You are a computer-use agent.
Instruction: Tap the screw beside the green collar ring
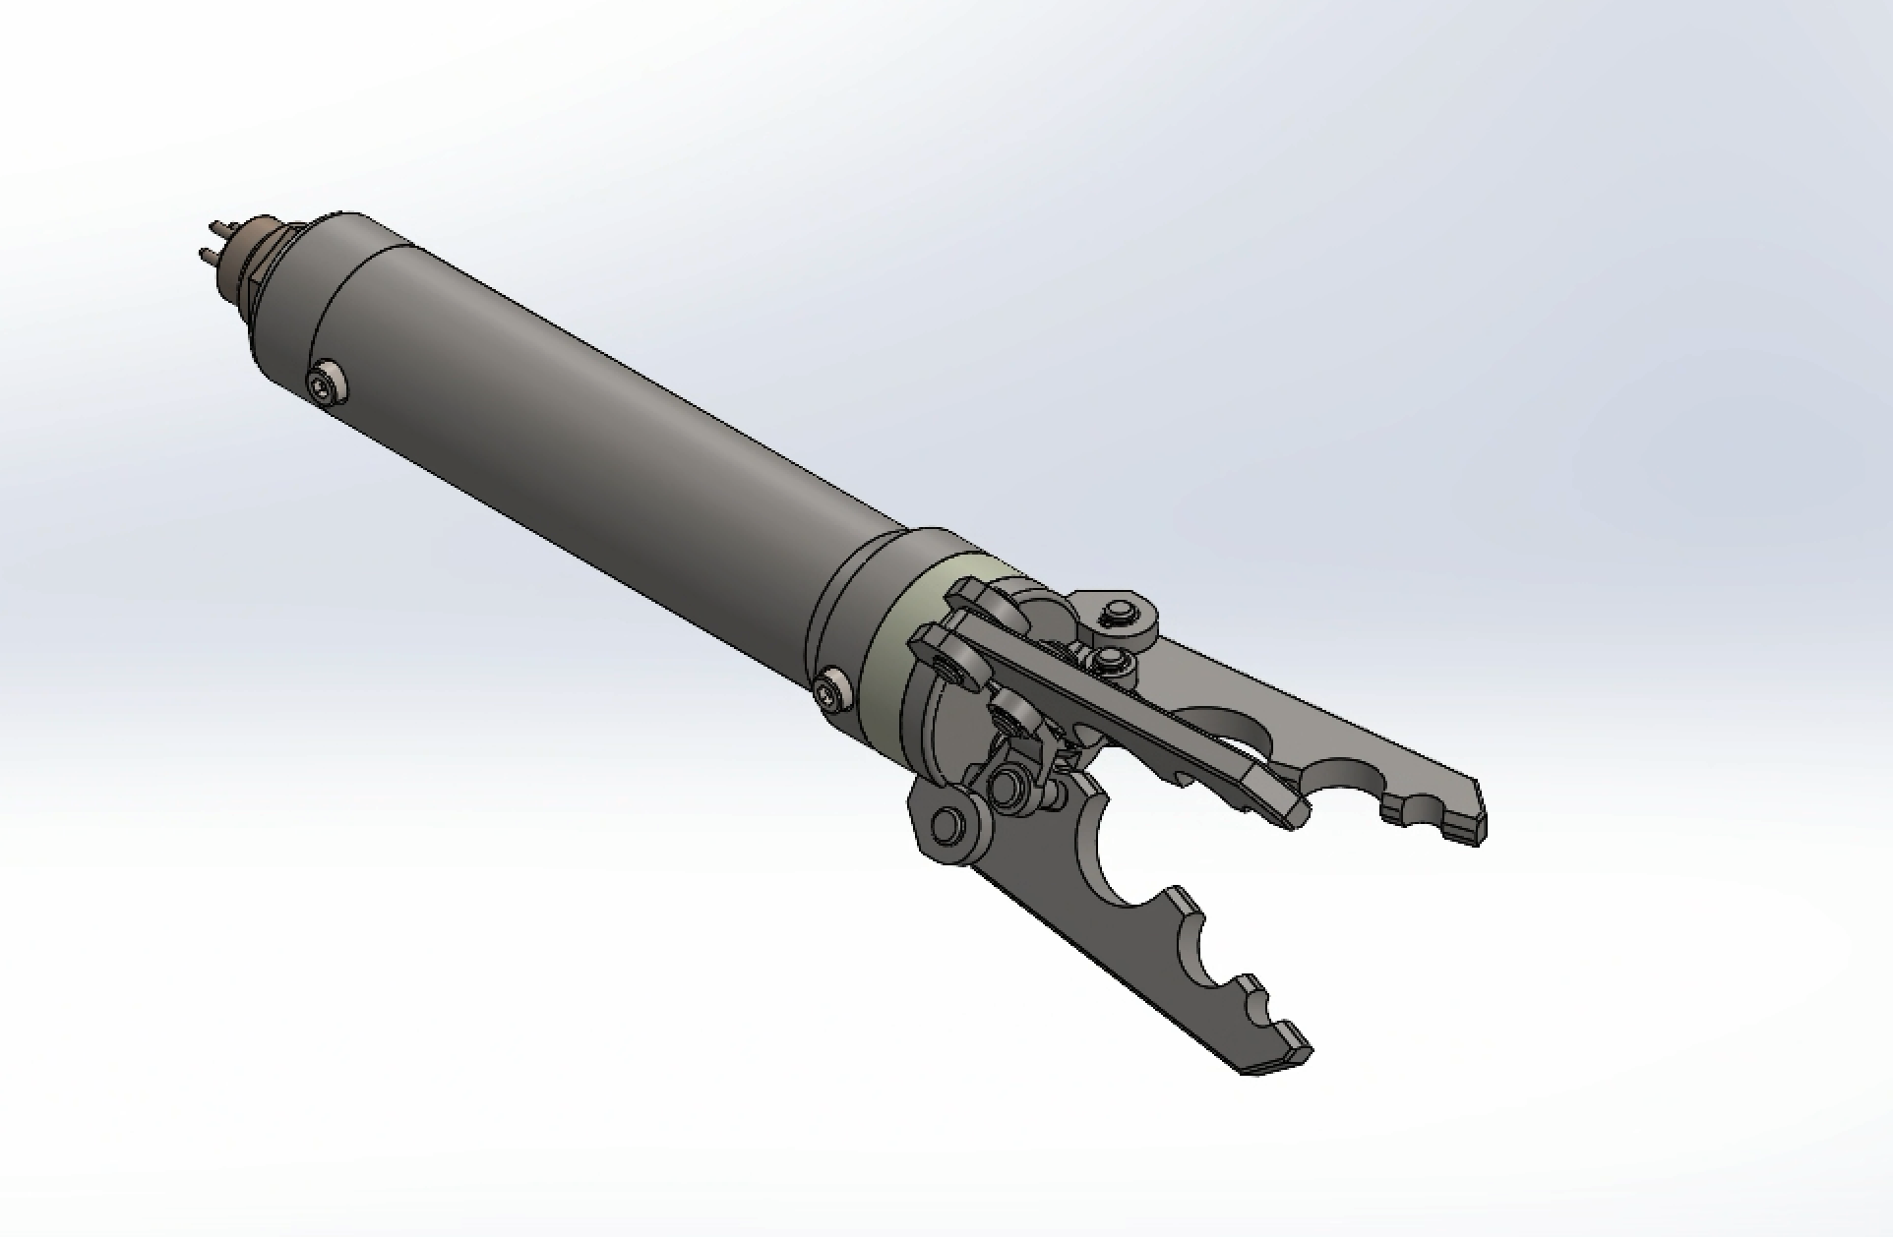pyautogui.click(x=832, y=689)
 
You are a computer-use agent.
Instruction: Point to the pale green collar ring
pyautogui.click(x=900, y=649)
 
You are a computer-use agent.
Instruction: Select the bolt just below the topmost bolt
pyautogui.click(x=1113, y=658)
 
